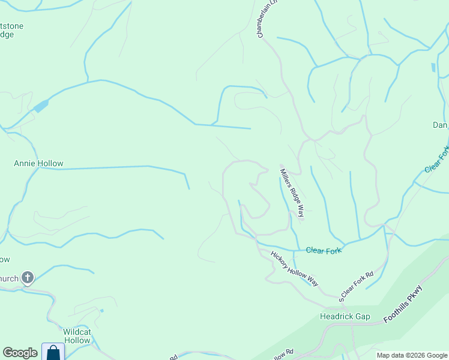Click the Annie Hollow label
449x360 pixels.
(38, 163)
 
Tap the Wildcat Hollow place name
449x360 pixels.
(77, 336)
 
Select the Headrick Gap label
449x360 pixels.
(345, 317)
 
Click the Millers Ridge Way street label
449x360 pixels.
(292, 192)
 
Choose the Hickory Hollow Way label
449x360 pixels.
(294, 268)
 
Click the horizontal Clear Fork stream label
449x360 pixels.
(324, 250)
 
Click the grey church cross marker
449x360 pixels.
(27, 278)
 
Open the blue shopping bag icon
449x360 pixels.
(53, 352)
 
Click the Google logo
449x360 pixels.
(20, 353)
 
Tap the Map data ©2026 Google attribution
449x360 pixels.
(412, 355)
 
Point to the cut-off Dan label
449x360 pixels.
(440, 125)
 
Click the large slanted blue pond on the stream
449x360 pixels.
(41, 107)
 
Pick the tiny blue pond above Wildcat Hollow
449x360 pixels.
(102, 310)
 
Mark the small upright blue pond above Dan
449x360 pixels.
(433, 67)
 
